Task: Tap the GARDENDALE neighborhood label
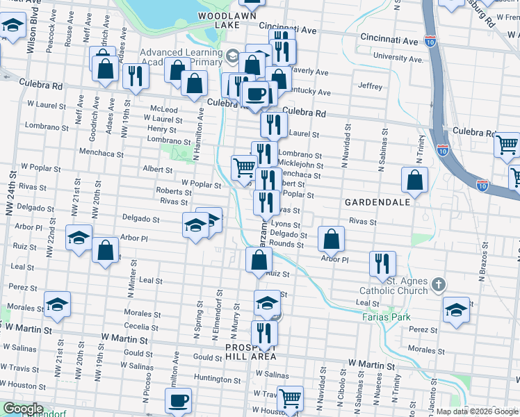coord(375,202)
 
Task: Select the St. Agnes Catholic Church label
coord(393,286)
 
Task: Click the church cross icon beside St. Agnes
coord(438,284)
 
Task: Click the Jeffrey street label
coord(371,87)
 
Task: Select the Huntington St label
coord(217,379)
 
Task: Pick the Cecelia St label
coord(142,327)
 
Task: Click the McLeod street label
coord(165,109)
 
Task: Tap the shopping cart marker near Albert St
coord(243,167)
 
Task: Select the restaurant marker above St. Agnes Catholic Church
coord(382,263)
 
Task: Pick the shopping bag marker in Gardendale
coord(414,180)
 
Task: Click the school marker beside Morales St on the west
coord(57,304)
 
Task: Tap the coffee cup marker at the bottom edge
coord(178,400)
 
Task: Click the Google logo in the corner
coord(22,409)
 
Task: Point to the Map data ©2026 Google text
coord(477,411)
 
